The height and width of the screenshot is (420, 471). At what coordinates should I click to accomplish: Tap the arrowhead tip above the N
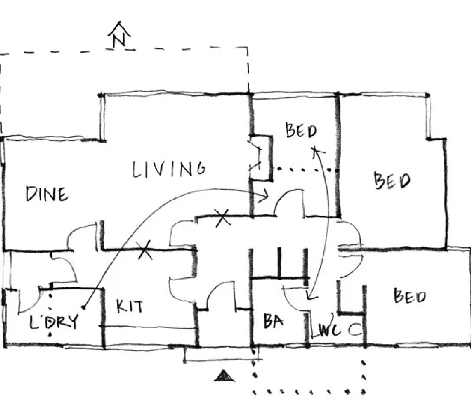(x=119, y=22)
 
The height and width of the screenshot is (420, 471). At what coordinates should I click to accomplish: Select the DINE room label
(x=47, y=194)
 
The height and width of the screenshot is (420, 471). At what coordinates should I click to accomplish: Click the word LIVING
(x=169, y=169)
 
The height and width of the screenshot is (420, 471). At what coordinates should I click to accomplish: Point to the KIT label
(x=130, y=307)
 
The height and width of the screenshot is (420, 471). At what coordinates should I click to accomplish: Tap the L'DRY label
(x=54, y=322)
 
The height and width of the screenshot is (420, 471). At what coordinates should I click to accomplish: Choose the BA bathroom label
(x=273, y=321)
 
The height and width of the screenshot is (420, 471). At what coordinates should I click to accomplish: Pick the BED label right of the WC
(x=410, y=296)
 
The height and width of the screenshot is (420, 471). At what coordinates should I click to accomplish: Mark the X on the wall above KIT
(x=145, y=250)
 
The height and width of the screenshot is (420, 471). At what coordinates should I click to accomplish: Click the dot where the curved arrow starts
(x=83, y=307)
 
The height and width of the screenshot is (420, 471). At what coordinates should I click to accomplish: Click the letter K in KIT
(x=121, y=307)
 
